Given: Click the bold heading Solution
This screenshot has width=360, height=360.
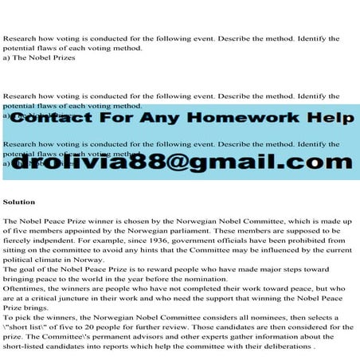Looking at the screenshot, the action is pos(19,202).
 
